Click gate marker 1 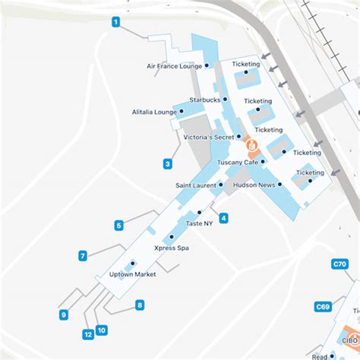(x=116, y=22)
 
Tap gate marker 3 (x=167, y=163)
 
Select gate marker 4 (x=223, y=219)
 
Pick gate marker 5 (x=119, y=225)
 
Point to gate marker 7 (x=83, y=256)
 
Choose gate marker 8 (x=140, y=305)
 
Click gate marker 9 (x=64, y=315)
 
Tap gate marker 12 (x=88, y=334)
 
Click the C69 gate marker (x=322, y=307)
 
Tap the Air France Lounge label (x=174, y=66)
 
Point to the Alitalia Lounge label (x=154, y=112)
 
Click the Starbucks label (x=204, y=99)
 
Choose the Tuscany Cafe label (x=238, y=162)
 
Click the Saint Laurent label (x=196, y=185)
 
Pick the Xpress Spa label (x=171, y=248)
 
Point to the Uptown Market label (x=133, y=274)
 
